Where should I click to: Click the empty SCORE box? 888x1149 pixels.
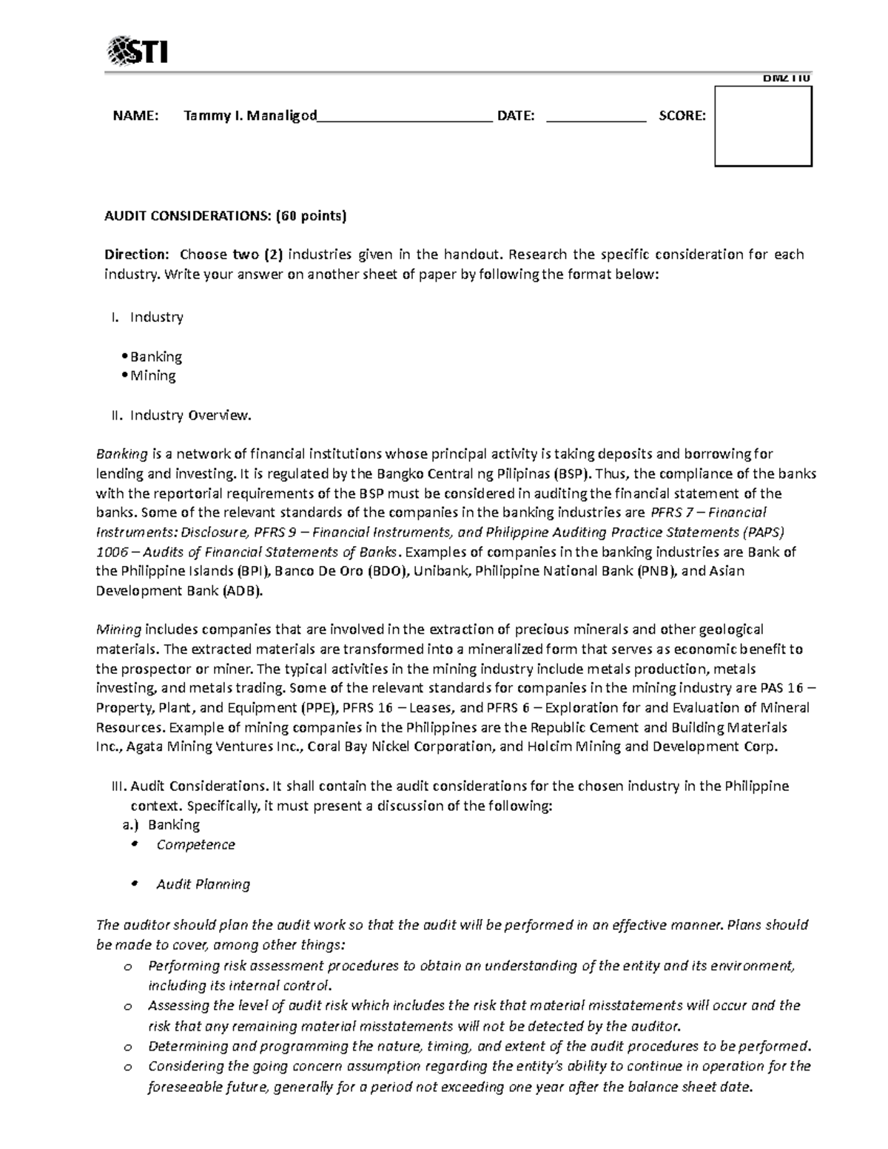coord(763,127)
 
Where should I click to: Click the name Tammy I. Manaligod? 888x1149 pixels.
coord(250,115)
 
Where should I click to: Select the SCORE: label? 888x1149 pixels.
coord(682,115)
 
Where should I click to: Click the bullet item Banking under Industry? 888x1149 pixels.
coord(155,357)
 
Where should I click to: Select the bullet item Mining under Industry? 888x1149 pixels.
coord(152,376)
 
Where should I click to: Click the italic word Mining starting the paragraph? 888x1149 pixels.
coord(118,630)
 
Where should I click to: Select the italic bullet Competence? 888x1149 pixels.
coord(195,845)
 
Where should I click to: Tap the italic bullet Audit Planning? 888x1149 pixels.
coord(203,884)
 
